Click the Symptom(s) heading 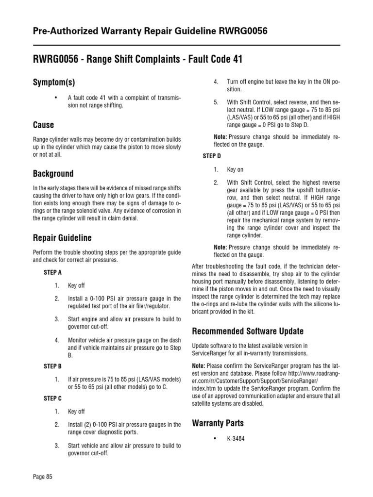tap(54, 83)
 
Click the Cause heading tap(43, 125)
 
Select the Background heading tap(53, 173)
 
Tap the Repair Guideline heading tap(62, 238)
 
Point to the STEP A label tap(52, 273)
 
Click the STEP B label tap(52, 366)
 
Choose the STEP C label tap(52, 398)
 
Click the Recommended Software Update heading tap(248, 331)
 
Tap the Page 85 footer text tap(42, 477)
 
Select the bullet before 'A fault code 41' tap(56, 97)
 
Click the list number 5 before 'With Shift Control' tap(216, 102)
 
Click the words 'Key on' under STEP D tap(235, 170)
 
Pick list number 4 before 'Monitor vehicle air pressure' tap(57, 340)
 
